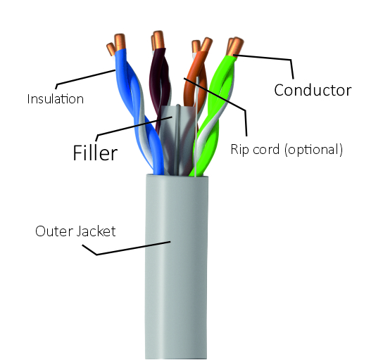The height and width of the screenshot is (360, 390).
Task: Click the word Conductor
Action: click(313, 90)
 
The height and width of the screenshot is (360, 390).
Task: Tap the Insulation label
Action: click(55, 99)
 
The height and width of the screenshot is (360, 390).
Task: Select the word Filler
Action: click(95, 153)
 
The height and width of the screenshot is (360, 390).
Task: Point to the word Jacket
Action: click(96, 231)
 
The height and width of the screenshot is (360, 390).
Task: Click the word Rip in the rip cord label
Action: click(237, 150)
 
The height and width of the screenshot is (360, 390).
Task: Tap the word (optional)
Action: click(314, 150)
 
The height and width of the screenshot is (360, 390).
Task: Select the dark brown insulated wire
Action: click(159, 82)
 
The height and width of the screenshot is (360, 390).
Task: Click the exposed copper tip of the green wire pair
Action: click(234, 46)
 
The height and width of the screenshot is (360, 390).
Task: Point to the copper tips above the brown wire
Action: click(158, 40)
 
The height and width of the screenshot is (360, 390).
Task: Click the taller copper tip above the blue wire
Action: click(120, 42)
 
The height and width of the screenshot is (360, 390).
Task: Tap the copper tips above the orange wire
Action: click(201, 46)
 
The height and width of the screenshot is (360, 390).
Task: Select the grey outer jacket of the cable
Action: click(177, 266)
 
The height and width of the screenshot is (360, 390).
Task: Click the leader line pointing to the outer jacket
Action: click(125, 249)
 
